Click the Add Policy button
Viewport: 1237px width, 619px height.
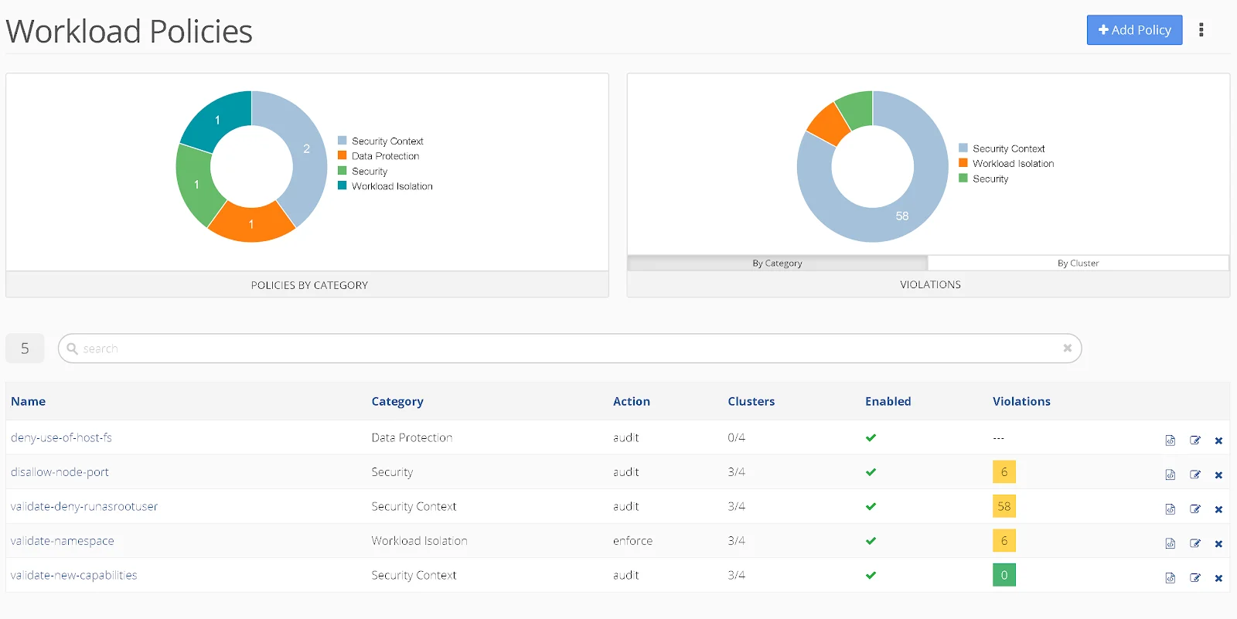click(1134, 30)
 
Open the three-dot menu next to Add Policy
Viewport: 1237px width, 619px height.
click(1201, 30)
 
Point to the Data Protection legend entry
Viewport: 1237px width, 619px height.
click(385, 156)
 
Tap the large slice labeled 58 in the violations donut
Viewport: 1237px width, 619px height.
click(902, 216)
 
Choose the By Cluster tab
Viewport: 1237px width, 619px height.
click(1078, 264)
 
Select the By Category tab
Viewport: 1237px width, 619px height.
click(777, 264)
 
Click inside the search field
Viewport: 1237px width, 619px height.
click(541, 349)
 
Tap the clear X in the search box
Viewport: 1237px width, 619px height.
click(1067, 349)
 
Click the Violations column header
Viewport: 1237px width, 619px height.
click(1021, 401)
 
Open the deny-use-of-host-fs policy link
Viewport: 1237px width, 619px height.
click(61, 437)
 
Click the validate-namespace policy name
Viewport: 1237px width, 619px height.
click(63, 541)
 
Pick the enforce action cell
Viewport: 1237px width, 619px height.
click(632, 541)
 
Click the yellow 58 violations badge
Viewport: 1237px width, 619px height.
click(1004, 506)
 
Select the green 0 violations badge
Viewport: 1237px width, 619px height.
click(1004, 575)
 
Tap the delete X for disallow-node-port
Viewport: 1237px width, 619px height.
click(1218, 474)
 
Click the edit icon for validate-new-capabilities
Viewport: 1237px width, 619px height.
click(1195, 578)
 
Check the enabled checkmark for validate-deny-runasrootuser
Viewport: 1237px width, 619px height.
click(871, 506)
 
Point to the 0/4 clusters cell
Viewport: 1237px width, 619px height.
click(736, 437)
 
